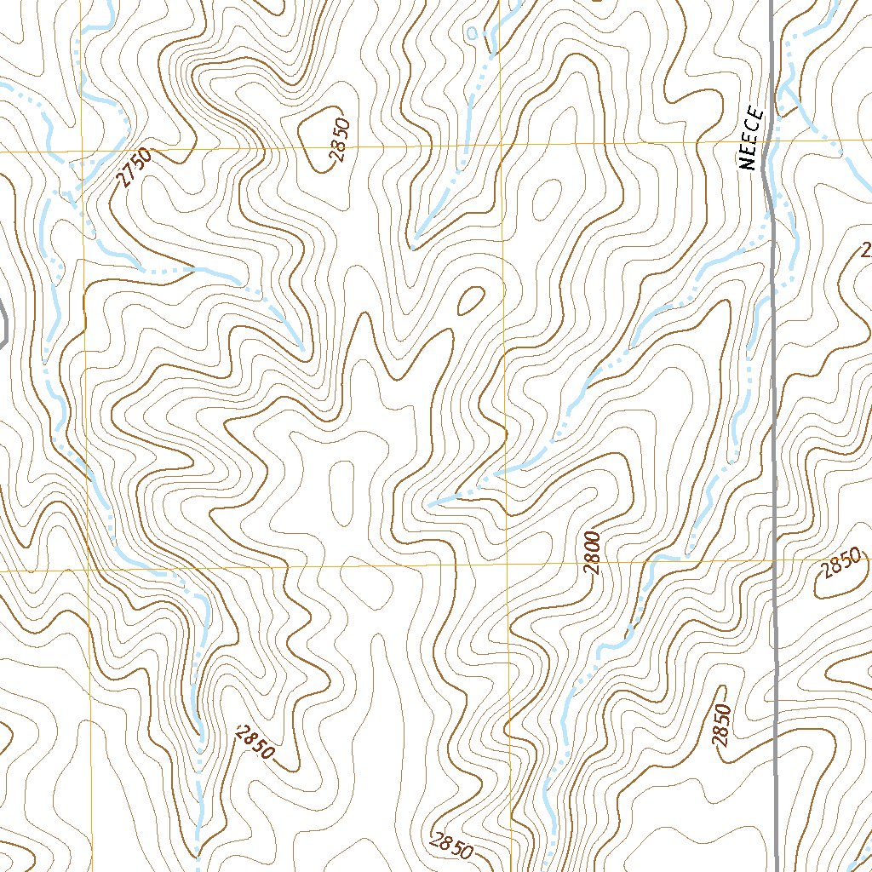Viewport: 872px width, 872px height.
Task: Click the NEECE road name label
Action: click(x=749, y=141)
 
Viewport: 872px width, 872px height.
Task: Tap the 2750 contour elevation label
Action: click(x=134, y=167)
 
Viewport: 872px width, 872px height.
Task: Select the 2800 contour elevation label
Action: click(x=594, y=552)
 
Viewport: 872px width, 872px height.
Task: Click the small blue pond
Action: click(x=473, y=33)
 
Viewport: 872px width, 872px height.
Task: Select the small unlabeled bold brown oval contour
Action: click(x=469, y=299)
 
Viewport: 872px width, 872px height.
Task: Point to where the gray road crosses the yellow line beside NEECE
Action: click(x=769, y=140)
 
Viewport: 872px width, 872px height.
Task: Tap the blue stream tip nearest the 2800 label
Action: click(x=431, y=504)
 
